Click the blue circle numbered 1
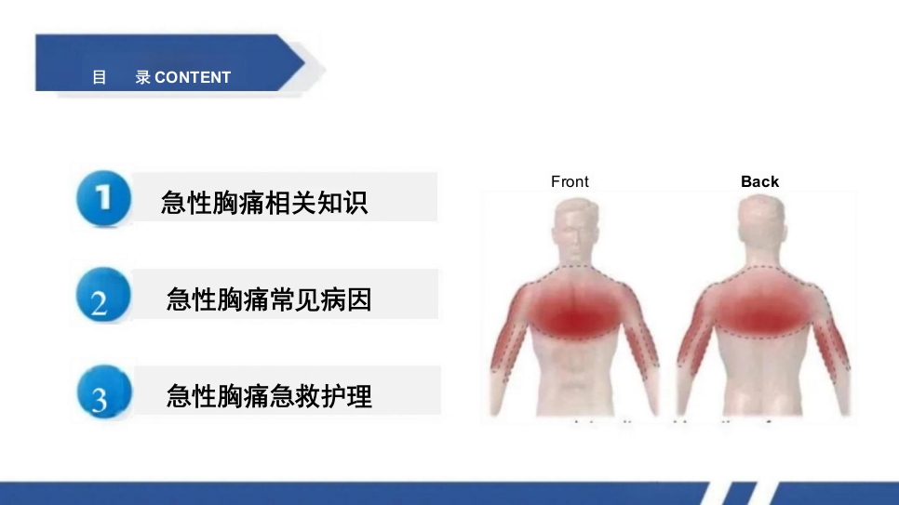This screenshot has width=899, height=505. coord(102,198)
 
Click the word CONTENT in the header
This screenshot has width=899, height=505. coord(193,78)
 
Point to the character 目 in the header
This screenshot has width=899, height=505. coord(100,78)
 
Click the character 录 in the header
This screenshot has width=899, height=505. coord(142,78)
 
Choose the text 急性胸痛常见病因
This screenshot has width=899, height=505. coord(268,299)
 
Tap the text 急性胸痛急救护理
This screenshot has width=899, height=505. coord(269,396)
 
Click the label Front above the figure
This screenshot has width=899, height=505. coord(570,182)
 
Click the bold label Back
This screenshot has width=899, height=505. coord(759,182)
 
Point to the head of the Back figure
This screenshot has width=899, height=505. coord(762,228)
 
